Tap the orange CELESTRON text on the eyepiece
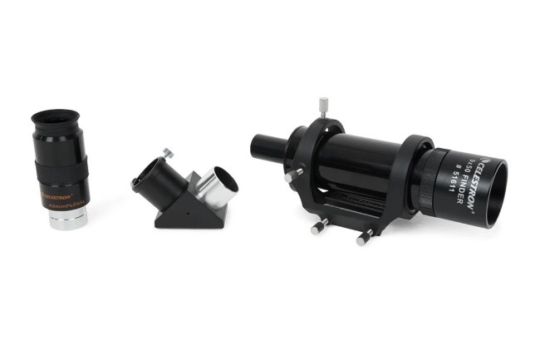[56, 198]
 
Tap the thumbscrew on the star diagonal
[168, 153]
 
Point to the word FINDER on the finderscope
[461, 176]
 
